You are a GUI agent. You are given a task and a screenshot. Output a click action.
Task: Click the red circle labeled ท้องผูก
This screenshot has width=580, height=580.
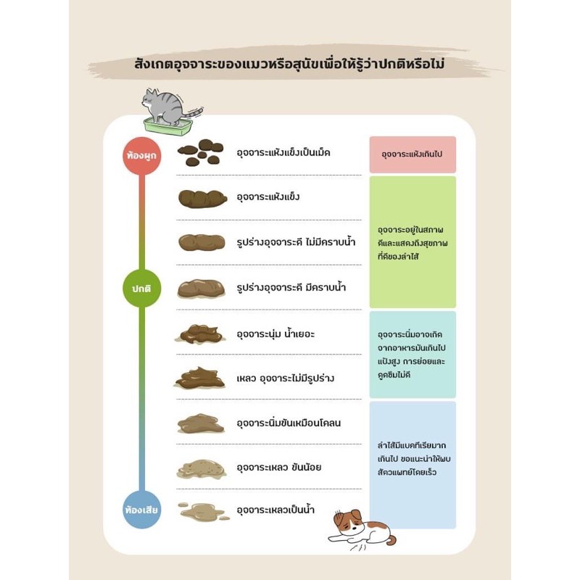coord(141,155)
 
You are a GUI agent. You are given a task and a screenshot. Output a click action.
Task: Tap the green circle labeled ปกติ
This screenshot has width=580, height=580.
coord(141,288)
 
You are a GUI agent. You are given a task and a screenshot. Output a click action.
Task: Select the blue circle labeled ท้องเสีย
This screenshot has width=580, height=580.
coord(141,510)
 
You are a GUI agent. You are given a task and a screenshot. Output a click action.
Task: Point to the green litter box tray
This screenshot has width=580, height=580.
coord(168,126)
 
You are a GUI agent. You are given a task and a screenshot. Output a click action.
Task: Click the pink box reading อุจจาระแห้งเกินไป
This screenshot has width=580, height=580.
coord(413,154)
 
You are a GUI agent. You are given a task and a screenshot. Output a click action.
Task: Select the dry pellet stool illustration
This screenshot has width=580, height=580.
coord(201,152)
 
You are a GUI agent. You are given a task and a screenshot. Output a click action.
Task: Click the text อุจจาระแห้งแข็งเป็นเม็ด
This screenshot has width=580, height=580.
coord(283,152)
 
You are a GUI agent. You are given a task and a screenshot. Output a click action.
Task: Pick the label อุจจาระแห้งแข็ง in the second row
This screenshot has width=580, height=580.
coord(268,196)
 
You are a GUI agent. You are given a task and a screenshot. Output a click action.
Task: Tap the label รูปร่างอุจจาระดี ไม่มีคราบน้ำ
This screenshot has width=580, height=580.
coord(296,242)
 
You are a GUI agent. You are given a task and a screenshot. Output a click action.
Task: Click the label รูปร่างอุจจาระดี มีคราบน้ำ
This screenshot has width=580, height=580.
coord(291,287)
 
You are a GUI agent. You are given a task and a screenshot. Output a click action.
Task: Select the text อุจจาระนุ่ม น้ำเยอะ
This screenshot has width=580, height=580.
coord(275,333)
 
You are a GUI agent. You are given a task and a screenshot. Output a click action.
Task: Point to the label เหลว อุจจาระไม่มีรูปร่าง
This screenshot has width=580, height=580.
coord(285,378)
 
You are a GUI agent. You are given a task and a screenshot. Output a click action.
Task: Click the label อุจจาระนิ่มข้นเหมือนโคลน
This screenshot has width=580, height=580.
coord(289,423)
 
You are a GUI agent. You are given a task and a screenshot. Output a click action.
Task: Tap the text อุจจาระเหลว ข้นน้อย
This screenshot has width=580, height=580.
coord(279,467)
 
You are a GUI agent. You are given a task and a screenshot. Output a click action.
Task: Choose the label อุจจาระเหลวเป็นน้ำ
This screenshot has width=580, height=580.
coord(275,510)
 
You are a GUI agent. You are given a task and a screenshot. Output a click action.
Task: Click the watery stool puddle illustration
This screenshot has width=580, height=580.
coord(204,512)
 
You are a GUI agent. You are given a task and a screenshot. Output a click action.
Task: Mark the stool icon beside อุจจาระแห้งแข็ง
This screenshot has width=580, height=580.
coord(202,199)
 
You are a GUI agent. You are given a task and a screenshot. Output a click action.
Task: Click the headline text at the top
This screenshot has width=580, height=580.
coord(289,64)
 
